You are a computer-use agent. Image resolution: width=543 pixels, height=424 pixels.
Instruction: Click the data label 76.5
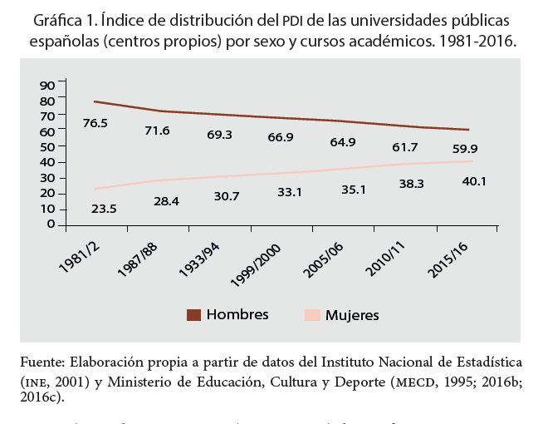pyautogui.click(x=95, y=123)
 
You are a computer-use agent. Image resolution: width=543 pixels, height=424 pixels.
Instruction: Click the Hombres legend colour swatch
pyautogui.click(x=193, y=314)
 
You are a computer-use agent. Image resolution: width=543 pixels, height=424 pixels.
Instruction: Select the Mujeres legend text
pyautogui.click(x=352, y=315)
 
